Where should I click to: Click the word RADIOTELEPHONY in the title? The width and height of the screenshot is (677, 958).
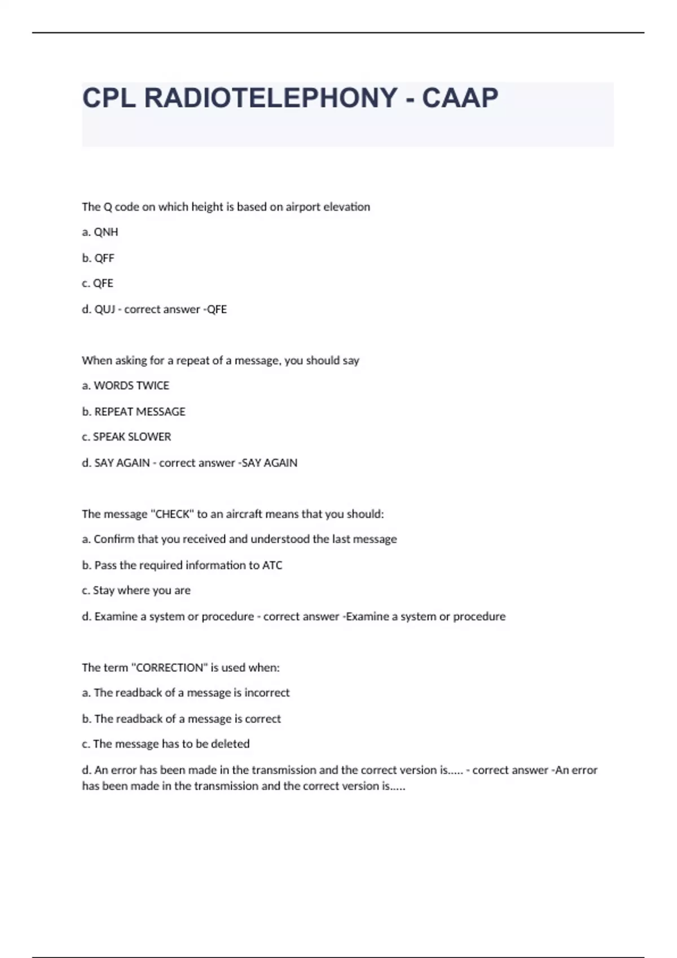(x=271, y=98)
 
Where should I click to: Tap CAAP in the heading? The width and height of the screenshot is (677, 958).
(x=460, y=98)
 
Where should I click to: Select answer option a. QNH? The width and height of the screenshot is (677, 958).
(x=100, y=232)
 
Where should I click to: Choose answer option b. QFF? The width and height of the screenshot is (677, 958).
(x=98, y=258)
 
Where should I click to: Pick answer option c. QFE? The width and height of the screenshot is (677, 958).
(x=98, y=283)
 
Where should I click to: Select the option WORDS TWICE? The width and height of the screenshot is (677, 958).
(x=131, y=386)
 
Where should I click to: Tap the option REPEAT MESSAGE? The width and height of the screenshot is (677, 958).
(x=139, y=412)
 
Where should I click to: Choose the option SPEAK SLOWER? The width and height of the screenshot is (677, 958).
(x=131, y=437)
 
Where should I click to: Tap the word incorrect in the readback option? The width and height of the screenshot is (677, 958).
(x=267, y=693)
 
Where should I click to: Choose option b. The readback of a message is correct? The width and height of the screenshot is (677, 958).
(x=181, y=719)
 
